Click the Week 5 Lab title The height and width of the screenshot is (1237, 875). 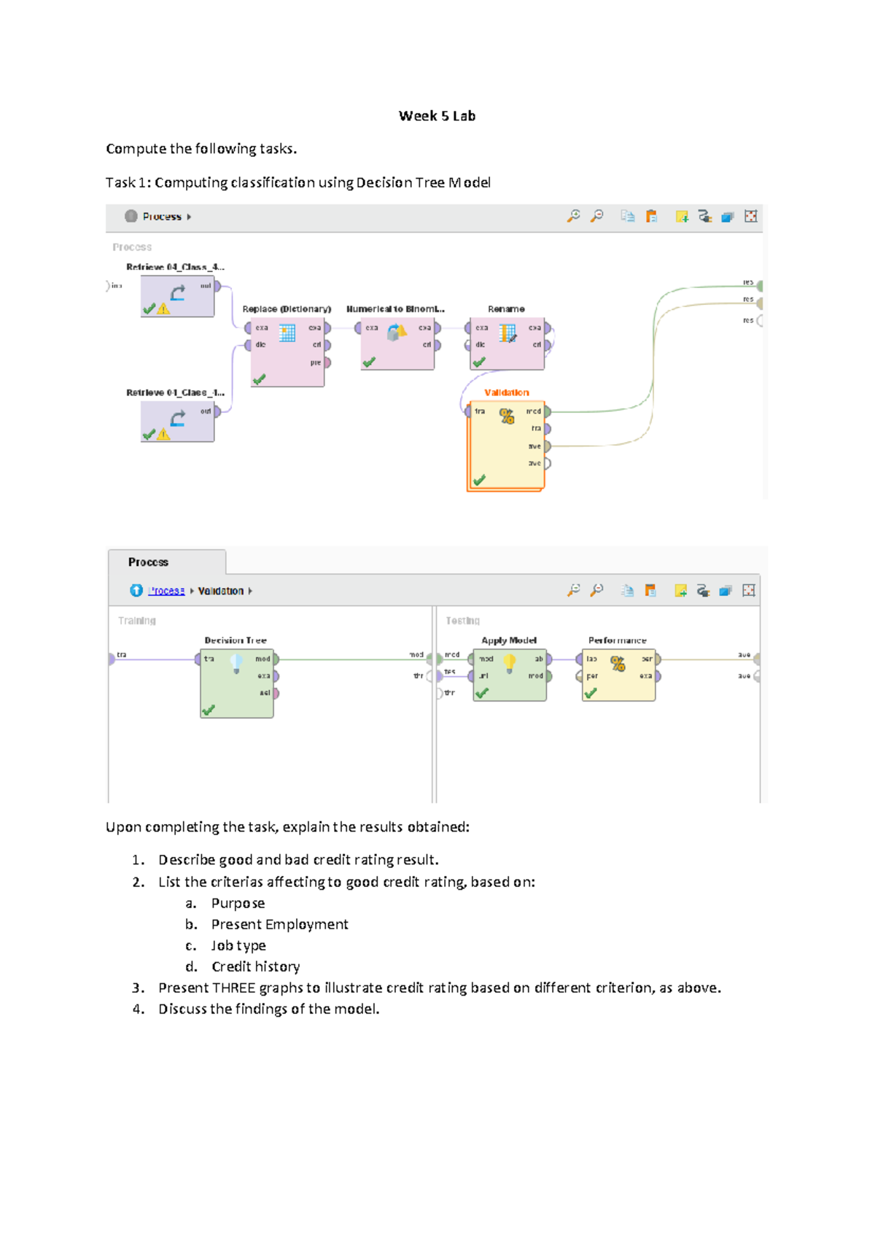coord(437,116)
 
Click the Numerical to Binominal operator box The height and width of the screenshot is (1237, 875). coord(397,344)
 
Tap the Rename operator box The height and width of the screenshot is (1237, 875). coord(507,344)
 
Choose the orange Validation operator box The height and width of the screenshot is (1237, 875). coord(506,445)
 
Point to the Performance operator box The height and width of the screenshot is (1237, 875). coord(618,675)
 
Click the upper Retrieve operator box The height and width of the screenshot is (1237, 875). coord(177,295)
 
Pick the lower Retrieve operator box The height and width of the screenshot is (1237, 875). coord(177,421)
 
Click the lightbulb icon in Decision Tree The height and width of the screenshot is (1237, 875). coord(236,663)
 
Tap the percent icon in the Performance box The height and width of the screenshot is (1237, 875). coord(618,663)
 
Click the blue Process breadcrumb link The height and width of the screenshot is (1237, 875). coord(166,591)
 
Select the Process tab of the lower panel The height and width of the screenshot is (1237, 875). coord(149,562)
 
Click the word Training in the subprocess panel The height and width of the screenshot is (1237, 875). coord(137,621)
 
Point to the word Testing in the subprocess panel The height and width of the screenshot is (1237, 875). coord(463,621)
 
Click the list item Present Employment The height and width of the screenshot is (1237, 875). coord(279,924)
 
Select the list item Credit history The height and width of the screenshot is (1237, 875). coord(255,966)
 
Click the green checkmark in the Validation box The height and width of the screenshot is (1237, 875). coord(479,480)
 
